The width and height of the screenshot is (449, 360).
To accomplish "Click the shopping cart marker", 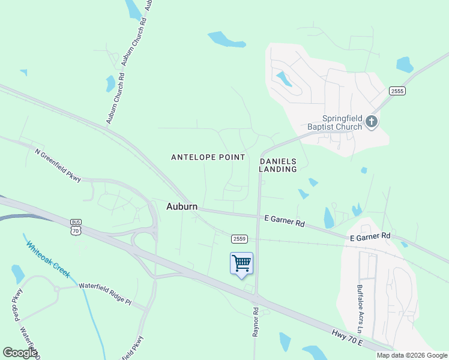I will click(241, 263).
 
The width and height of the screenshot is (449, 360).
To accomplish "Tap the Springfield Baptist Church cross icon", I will click(372, 122).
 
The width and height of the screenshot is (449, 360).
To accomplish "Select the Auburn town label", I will click(182, 206).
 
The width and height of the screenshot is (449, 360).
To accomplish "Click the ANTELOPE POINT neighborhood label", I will click(208, 157).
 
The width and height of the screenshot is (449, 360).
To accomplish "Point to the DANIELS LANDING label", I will click(278, 165).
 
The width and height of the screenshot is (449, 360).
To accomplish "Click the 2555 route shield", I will click(397, 91).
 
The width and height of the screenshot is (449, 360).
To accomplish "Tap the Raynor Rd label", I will click(256, 322).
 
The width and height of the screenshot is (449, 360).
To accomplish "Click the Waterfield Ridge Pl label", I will click(104, 294).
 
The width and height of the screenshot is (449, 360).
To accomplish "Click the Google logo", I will click(20, 353).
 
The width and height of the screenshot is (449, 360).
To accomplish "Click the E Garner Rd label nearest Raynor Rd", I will click(285, 221).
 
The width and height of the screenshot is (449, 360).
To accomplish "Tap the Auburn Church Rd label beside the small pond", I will click(116, 98).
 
